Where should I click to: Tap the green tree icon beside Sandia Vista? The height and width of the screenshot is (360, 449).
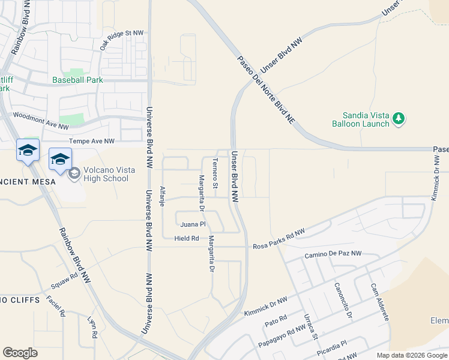tap(399, 119)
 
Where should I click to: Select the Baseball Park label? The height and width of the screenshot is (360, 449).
tap(77, 80)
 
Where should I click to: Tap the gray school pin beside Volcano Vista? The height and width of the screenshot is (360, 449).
tap(74, 174)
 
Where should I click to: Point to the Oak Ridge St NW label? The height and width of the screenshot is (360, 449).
tap(122, 40)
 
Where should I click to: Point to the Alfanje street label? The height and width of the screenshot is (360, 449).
tap(162, 197)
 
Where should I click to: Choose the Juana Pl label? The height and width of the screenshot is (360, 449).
tap(193, 224)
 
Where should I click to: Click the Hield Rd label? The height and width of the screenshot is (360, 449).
tap(186, 238)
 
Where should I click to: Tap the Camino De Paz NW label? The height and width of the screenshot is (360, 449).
tap(333, 254)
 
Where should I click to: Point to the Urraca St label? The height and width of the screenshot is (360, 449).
tap(310, 326)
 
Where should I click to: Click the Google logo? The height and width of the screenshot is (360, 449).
tap(20, 353)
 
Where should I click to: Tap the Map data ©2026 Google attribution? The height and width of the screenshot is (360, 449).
tap(411, 355)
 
